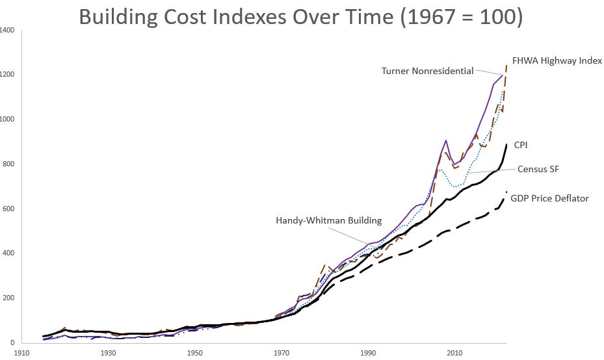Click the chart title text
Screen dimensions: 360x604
pos(300,16)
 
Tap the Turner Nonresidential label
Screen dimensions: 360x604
pos(427,71)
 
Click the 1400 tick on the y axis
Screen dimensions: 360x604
pos(8,31)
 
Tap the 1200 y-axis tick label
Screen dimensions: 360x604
pos(8,75)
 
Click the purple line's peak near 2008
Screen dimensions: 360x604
pos(446,140)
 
